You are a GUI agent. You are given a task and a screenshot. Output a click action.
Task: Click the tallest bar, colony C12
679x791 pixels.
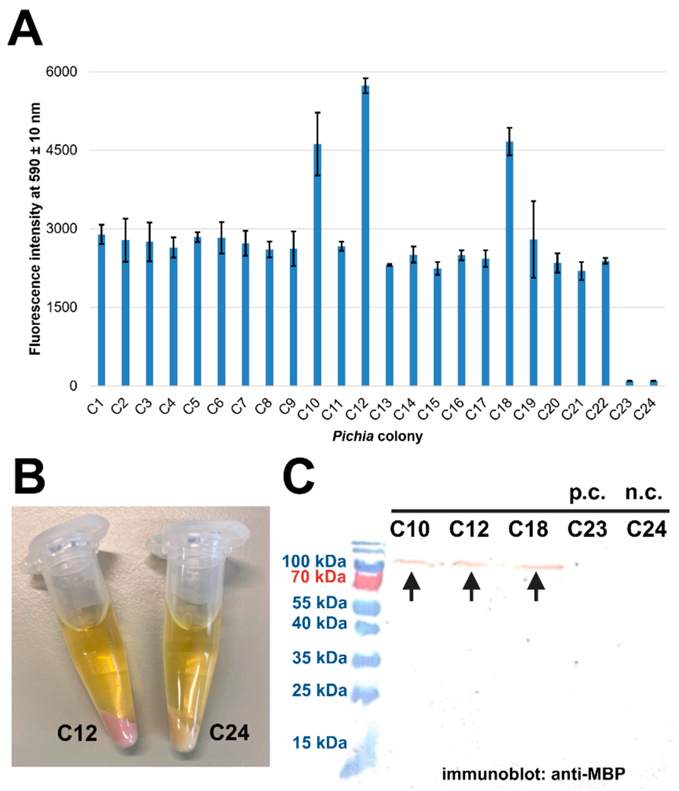coord(365,237)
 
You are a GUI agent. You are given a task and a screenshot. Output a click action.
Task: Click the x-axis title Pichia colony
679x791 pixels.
coord(377,436)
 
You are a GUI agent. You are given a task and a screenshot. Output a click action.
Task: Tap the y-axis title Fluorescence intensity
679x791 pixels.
coord(35,229)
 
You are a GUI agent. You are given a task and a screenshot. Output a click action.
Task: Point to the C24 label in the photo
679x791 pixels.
coord(229,733)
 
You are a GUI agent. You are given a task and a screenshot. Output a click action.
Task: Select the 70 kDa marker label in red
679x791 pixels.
coord(318,577)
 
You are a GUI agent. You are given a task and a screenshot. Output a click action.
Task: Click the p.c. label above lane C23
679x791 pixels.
coord(587,494)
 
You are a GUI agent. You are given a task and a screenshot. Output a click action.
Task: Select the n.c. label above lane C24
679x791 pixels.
coord(644,494)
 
